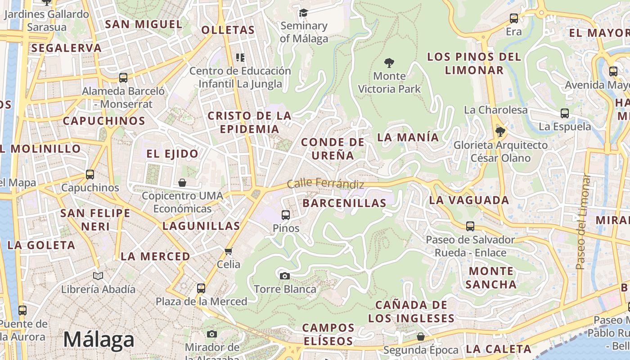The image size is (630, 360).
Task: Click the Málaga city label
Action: coord(99,340)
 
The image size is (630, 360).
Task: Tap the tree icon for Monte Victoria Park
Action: coord(389,63)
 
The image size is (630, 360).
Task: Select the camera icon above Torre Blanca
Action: coord(284,275)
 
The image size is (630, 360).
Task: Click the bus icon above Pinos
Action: coord(285,215)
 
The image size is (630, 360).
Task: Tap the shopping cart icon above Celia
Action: coord(228,251)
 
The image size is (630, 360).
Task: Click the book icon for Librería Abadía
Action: coord(98,275)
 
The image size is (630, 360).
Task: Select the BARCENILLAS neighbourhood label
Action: coord(344,203)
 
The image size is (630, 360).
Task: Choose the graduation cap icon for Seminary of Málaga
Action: coord(304,13)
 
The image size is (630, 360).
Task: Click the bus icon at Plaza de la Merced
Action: coord(201,288)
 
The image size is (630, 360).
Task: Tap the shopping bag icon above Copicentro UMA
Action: coord(182,183)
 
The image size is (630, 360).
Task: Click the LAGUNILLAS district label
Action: coord(201,226)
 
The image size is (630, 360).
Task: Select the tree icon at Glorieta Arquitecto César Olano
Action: coord(500,132)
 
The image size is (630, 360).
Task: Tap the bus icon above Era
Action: coord(513,18)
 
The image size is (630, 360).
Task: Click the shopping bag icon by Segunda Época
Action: coord(420,337)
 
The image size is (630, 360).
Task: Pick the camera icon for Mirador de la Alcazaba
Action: coord(212,334)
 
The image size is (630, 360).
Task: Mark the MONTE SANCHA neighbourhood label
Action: coord(491,278)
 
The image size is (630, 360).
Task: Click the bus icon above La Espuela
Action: coord(565,113)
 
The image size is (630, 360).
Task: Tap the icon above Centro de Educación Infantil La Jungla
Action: coord(240,57)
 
